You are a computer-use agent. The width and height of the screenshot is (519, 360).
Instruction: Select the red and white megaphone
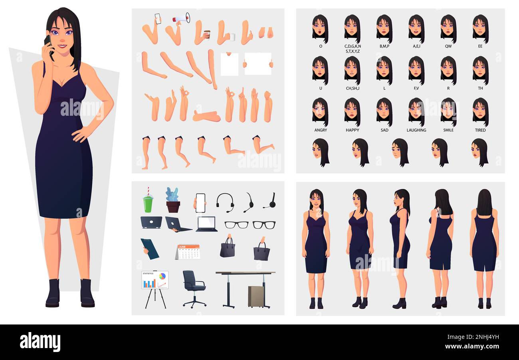(181, 18)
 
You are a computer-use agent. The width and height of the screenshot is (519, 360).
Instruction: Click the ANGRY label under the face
(320, 130)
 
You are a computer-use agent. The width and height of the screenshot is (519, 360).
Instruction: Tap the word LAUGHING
(416, 130)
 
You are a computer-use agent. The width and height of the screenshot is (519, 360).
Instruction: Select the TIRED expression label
(480, 130)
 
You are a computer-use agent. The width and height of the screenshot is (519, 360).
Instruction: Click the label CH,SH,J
(352, 88)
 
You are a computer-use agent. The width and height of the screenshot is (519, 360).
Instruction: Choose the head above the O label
(320, 28)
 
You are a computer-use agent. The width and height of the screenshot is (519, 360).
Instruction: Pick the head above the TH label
(480, 70)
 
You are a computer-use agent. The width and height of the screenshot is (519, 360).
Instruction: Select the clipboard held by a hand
(149, 249)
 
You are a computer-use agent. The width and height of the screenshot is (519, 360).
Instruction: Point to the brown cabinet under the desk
(256, 296)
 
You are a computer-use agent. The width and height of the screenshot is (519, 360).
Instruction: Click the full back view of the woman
(484, 247)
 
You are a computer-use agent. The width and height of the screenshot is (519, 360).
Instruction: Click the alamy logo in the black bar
(40, 342)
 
